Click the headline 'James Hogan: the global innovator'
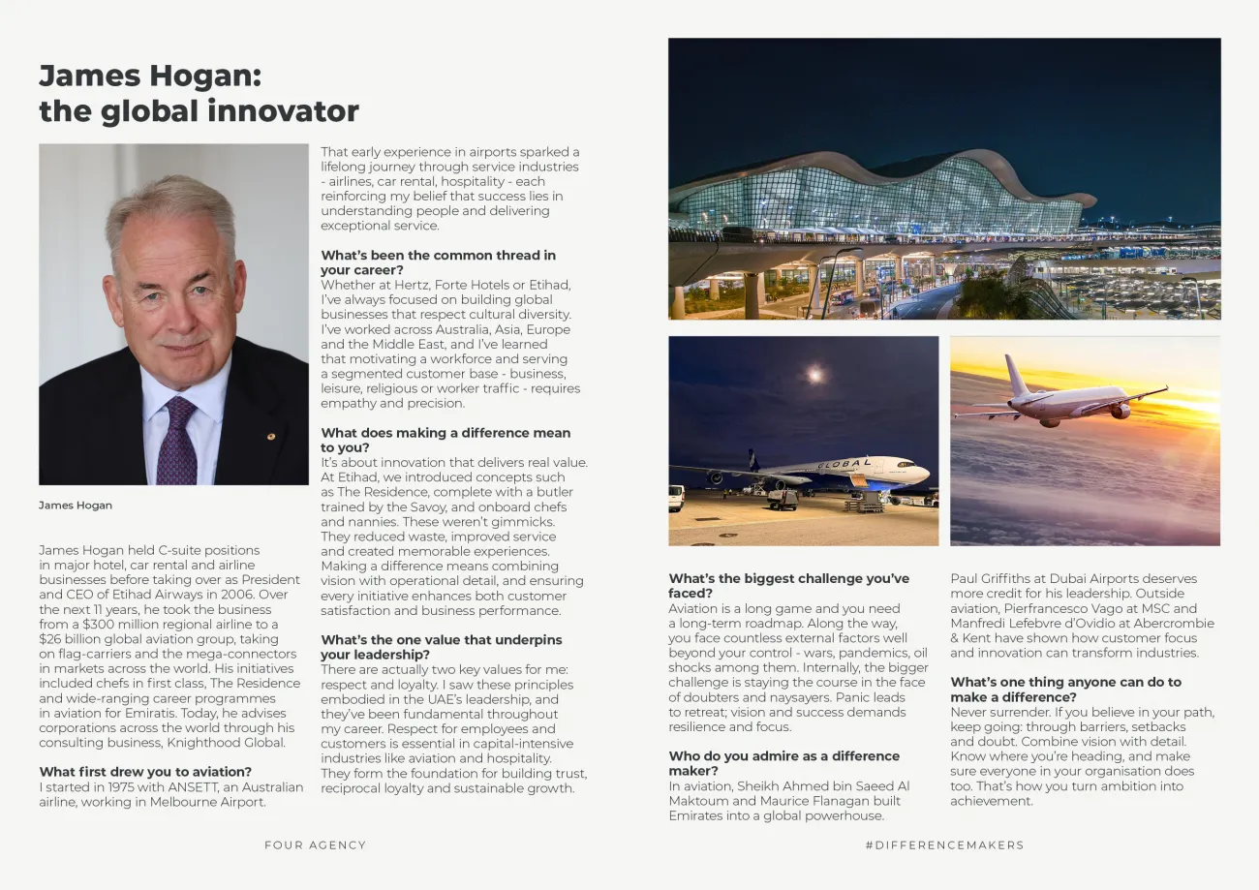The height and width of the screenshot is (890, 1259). pos(198,93)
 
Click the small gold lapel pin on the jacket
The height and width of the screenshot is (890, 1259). pos(270,436)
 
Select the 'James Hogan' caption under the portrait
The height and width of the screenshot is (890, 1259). pos(76,506)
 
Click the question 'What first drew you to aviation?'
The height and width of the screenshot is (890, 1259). pos(145,772)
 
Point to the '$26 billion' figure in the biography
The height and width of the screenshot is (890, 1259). pos(74,639)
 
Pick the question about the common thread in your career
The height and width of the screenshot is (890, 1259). pos(438,262)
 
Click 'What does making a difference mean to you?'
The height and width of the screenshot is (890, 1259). pos(445,440)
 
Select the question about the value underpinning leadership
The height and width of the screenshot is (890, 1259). pos(441,647)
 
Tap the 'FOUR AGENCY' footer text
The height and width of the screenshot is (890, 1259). pos(315,845)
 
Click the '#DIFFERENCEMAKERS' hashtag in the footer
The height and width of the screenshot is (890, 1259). pos(944,845)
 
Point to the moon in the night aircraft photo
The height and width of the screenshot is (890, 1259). pos(815,373)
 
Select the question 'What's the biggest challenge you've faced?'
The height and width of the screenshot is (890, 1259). pos(788,586)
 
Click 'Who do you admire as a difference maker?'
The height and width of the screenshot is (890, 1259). pos(783,763)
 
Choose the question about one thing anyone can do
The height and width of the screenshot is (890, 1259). pos(1065,690)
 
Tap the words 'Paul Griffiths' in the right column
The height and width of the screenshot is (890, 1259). pos(991,579)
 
